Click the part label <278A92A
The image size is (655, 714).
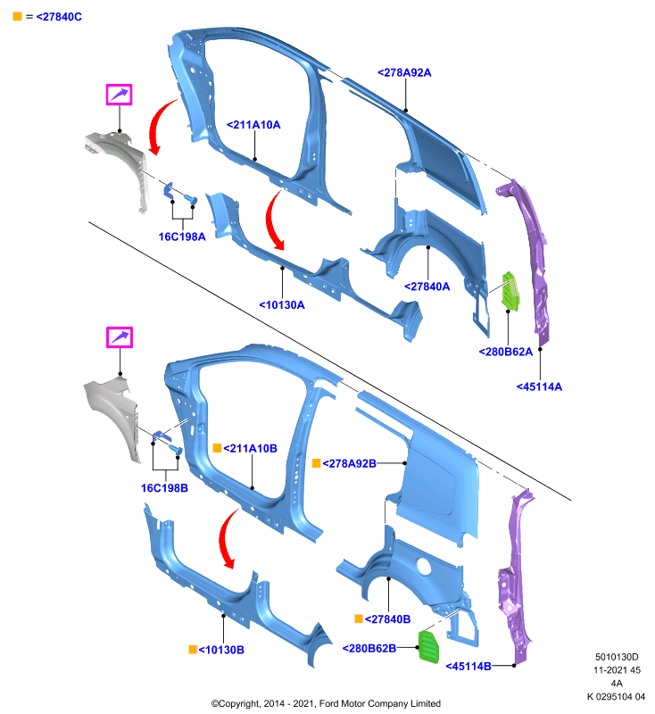pyautogui.click(x=404, y=73)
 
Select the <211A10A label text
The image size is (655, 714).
pyautogui.click(x=253, y=125)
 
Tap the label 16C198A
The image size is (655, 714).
pyautogui.click(x=182, y=237)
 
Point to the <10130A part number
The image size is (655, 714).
pyautogui.click(x=282, y=305)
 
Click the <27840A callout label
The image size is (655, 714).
pyautogui.click(x=427, y=286)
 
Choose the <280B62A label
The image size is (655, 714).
pyautogui.click(x=506, y=352)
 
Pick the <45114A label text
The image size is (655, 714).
pyautogui.click(x=539, y=386)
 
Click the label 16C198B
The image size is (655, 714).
pyautogui.click(x=164, y=488)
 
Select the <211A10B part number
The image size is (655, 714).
pyautogui.click(x=251, y=449)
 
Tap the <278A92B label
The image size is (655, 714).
pyautogui.click(x=350, y=463)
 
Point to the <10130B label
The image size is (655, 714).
pyautogui.click(x=221, y=650)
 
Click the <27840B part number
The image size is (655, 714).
pyautogui.click(x=388, y=619)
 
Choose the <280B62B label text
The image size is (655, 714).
pyautogui.click(x=369, y=648)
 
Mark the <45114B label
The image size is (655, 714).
pyautogui.click(x=468, y=666)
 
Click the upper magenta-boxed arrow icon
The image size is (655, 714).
pyautogui.click(x=120, y=95)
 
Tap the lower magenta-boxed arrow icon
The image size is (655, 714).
pyautogui.click(x=120, y=337)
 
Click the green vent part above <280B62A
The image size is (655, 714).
pyautogui.click(x=510, y=292)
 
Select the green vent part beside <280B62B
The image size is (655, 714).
pyautogui.click(x=428, y=646)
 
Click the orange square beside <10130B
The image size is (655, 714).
pyautogui.click(x=193, y=650)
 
